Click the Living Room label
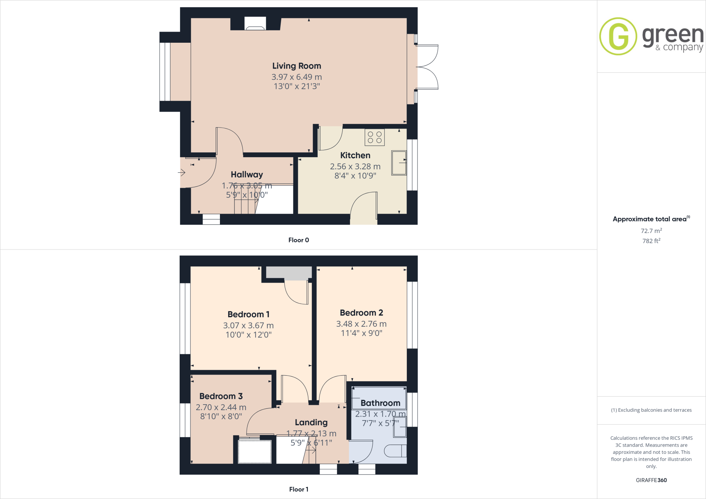pos(296,66)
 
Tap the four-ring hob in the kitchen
pos(375,137)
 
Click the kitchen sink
pos(399,163)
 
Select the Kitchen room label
pos(355,155)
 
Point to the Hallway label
pos(247,175)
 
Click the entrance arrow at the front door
pos(182,172)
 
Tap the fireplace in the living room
pos(255,24)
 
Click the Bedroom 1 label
pos(248,314)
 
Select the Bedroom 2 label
pos(361,313)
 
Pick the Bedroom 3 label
pos(221,396)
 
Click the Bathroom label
pos(380,403)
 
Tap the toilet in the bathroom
pos(395,451)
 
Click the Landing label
pos(311,422)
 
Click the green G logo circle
pos(618,36)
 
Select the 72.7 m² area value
pos(651,231)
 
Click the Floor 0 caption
pos(299,240)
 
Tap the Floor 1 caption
pos(299,489)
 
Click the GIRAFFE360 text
pos(651,480)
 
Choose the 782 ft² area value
pos(651,241)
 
